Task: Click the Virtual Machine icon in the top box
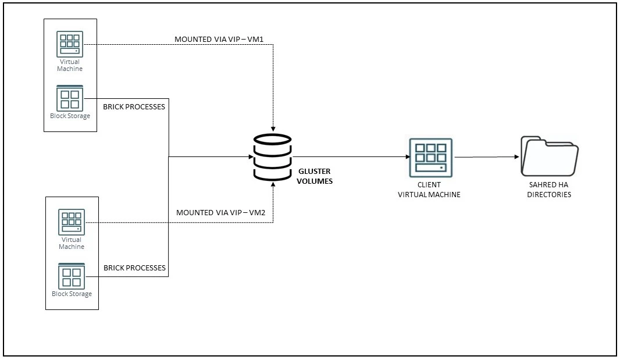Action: [x=70, y=44]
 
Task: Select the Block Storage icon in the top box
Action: [x=70, y=98]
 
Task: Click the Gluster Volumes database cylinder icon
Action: [x=272, y=157]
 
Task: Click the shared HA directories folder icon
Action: [x=550, y=156]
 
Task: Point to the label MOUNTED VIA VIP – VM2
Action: [x=220, y=212]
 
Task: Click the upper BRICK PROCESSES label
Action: [x=134, y=107]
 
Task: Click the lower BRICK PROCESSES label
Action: [x=134, y=268]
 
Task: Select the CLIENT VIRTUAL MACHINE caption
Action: [x=429, y=190]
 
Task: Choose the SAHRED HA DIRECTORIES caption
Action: [x=549, y=190]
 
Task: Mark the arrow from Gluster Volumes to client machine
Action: [x=349, y=156]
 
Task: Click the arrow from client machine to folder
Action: [x=487, y=157]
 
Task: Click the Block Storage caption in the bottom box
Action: [x=72, y=294]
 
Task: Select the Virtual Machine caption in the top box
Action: [x=70, y=65]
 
